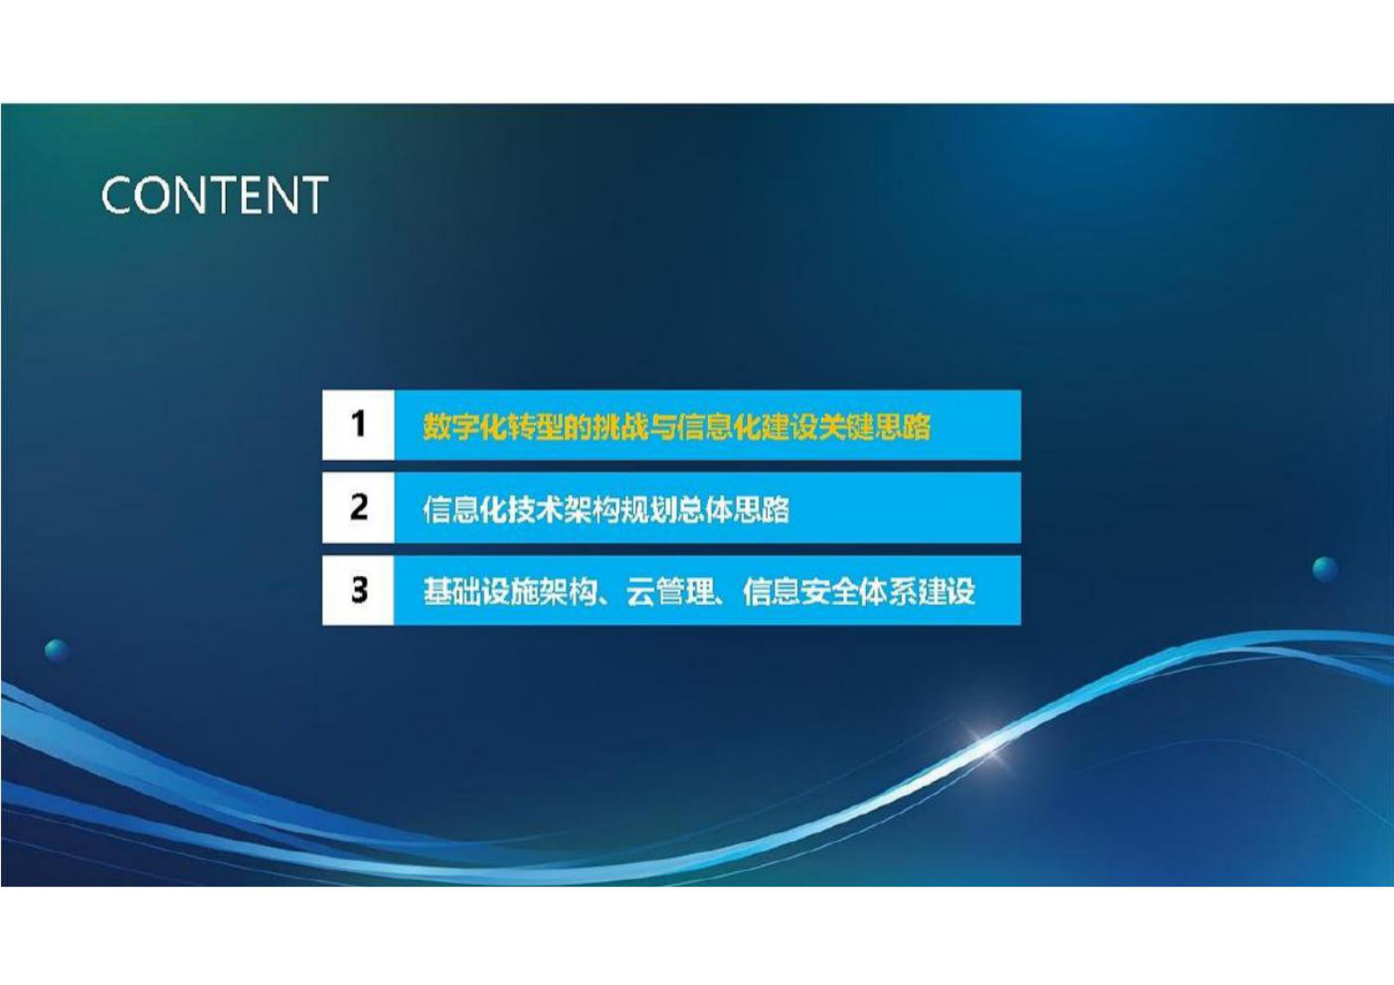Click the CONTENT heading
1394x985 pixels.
click(x=214, y=195)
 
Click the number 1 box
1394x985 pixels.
click(x=358, y=425)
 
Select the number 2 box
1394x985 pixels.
click(x=358, y=507)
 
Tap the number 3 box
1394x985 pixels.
click(x=358, y=590)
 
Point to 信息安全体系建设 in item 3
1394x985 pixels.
click(x=859, y=592)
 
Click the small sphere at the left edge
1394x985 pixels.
click(x=56, y=651)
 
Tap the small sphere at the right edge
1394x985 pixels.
click(x=1325, y=568)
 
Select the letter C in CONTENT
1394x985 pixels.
click(x=117, y=195)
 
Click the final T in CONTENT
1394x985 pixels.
click(x=314, y=195)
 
